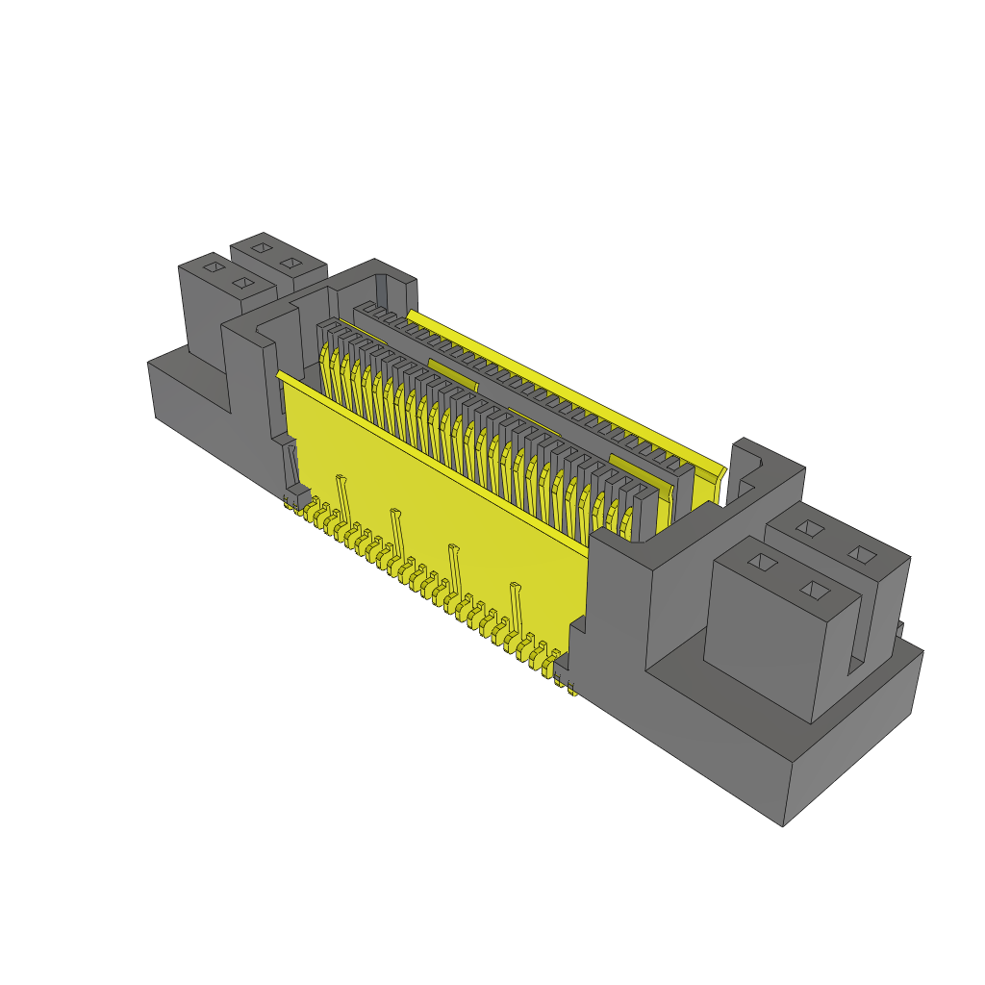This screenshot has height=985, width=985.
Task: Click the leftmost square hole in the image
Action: point(215,265)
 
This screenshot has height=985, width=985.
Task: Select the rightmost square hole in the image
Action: point(864,555)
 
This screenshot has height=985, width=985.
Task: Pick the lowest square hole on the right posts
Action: point(815,590)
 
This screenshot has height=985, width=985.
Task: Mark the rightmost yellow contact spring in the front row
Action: point(627,524)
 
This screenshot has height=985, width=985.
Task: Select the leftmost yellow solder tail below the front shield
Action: point(290,502)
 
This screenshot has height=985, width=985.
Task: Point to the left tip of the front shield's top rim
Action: point(279,374)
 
